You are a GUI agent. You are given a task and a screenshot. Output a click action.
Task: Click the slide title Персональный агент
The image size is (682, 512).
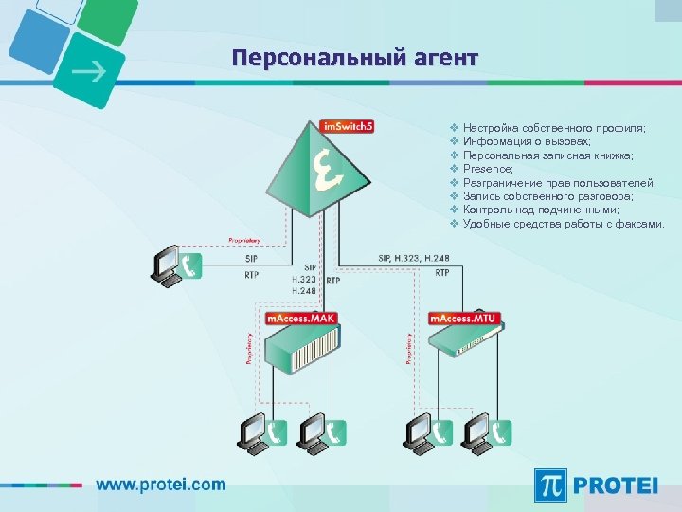(355, 59)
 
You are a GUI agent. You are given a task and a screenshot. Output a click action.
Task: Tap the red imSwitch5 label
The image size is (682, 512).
(348, 126)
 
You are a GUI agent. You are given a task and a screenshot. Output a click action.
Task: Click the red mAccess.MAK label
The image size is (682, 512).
(301, 319)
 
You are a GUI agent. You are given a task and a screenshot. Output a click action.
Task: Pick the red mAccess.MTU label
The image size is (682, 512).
(463, 319)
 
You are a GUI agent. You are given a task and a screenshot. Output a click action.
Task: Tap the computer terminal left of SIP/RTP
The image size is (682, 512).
(168, 265)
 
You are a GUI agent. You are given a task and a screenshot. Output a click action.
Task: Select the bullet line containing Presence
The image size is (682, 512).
(488, 169)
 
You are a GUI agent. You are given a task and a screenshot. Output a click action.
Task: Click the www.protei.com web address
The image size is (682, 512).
(161, 485)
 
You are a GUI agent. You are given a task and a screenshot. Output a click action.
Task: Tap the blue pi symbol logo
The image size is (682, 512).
(552, 485)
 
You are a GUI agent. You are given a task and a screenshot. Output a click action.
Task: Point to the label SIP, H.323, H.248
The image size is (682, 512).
(415, 258)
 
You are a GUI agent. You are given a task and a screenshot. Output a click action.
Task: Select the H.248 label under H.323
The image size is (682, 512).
(304, 291)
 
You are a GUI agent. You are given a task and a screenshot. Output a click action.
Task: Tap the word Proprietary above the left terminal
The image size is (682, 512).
(245, 239)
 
